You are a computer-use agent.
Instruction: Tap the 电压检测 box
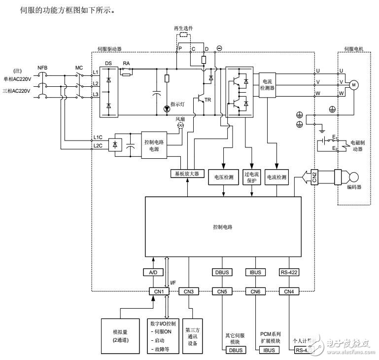click(x=224, y=177)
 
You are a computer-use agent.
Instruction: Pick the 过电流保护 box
click(x=251, y=177)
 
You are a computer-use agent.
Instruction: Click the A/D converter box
click(x=153, y=272)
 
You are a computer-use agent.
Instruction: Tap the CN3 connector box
click(x=188, y=291)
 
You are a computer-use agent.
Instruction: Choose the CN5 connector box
click(x=222, y=291)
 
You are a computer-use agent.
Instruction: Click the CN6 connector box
click(x=255, y=291)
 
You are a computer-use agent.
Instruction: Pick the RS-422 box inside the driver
click(x=288, y=272)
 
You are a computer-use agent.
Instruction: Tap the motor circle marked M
click(x=353, y=84)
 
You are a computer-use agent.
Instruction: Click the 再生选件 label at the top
click(x=183, y=28)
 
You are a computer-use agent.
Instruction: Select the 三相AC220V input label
click(x=16, y=91)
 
